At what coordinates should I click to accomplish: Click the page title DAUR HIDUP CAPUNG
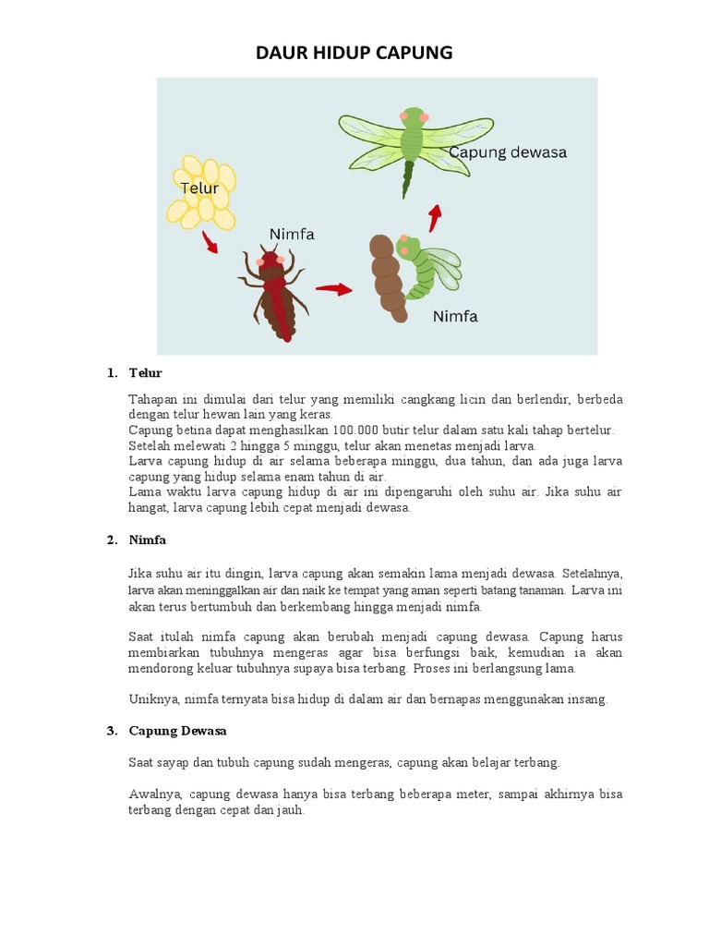354,53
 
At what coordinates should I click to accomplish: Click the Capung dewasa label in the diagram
508,152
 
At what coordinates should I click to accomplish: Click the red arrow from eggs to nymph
210,243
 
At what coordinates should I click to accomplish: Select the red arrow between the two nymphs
333,289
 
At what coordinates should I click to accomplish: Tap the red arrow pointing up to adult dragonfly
434,218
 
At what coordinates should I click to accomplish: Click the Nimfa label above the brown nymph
292,235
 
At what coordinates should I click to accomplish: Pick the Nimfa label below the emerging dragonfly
455,317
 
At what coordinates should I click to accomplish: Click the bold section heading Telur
145,373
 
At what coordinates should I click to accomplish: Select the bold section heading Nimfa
148,540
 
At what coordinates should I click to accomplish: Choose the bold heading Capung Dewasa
177,731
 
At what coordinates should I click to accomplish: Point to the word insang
587,699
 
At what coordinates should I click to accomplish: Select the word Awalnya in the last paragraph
154,794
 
